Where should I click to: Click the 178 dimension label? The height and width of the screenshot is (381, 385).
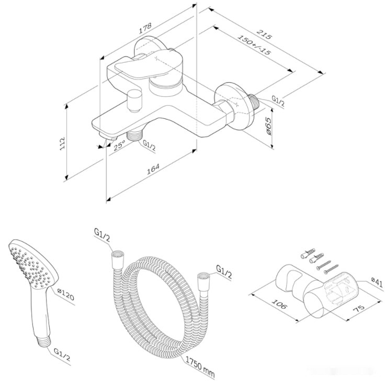tap(140, 31)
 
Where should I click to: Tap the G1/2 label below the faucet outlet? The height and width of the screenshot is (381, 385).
tap(149, 146)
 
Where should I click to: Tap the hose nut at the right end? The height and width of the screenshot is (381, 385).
tap(201, 277)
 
